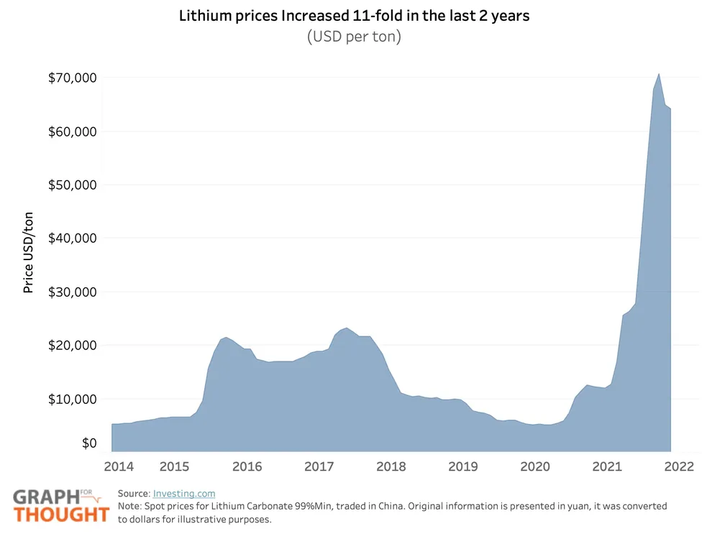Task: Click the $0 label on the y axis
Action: coord(88,443)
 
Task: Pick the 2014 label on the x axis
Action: coord(119,466)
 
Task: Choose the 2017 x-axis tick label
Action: coord(319,466)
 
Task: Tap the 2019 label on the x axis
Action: coord(463,466)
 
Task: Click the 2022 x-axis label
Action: coord(678,466)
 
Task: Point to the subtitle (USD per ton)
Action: coord(354,37)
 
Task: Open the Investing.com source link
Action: coord(183,494)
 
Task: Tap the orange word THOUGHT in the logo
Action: coord(62,515)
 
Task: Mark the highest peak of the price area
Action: coord(659,74)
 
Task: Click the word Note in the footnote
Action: coord(130,506)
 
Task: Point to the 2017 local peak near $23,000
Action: coord(347,328)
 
